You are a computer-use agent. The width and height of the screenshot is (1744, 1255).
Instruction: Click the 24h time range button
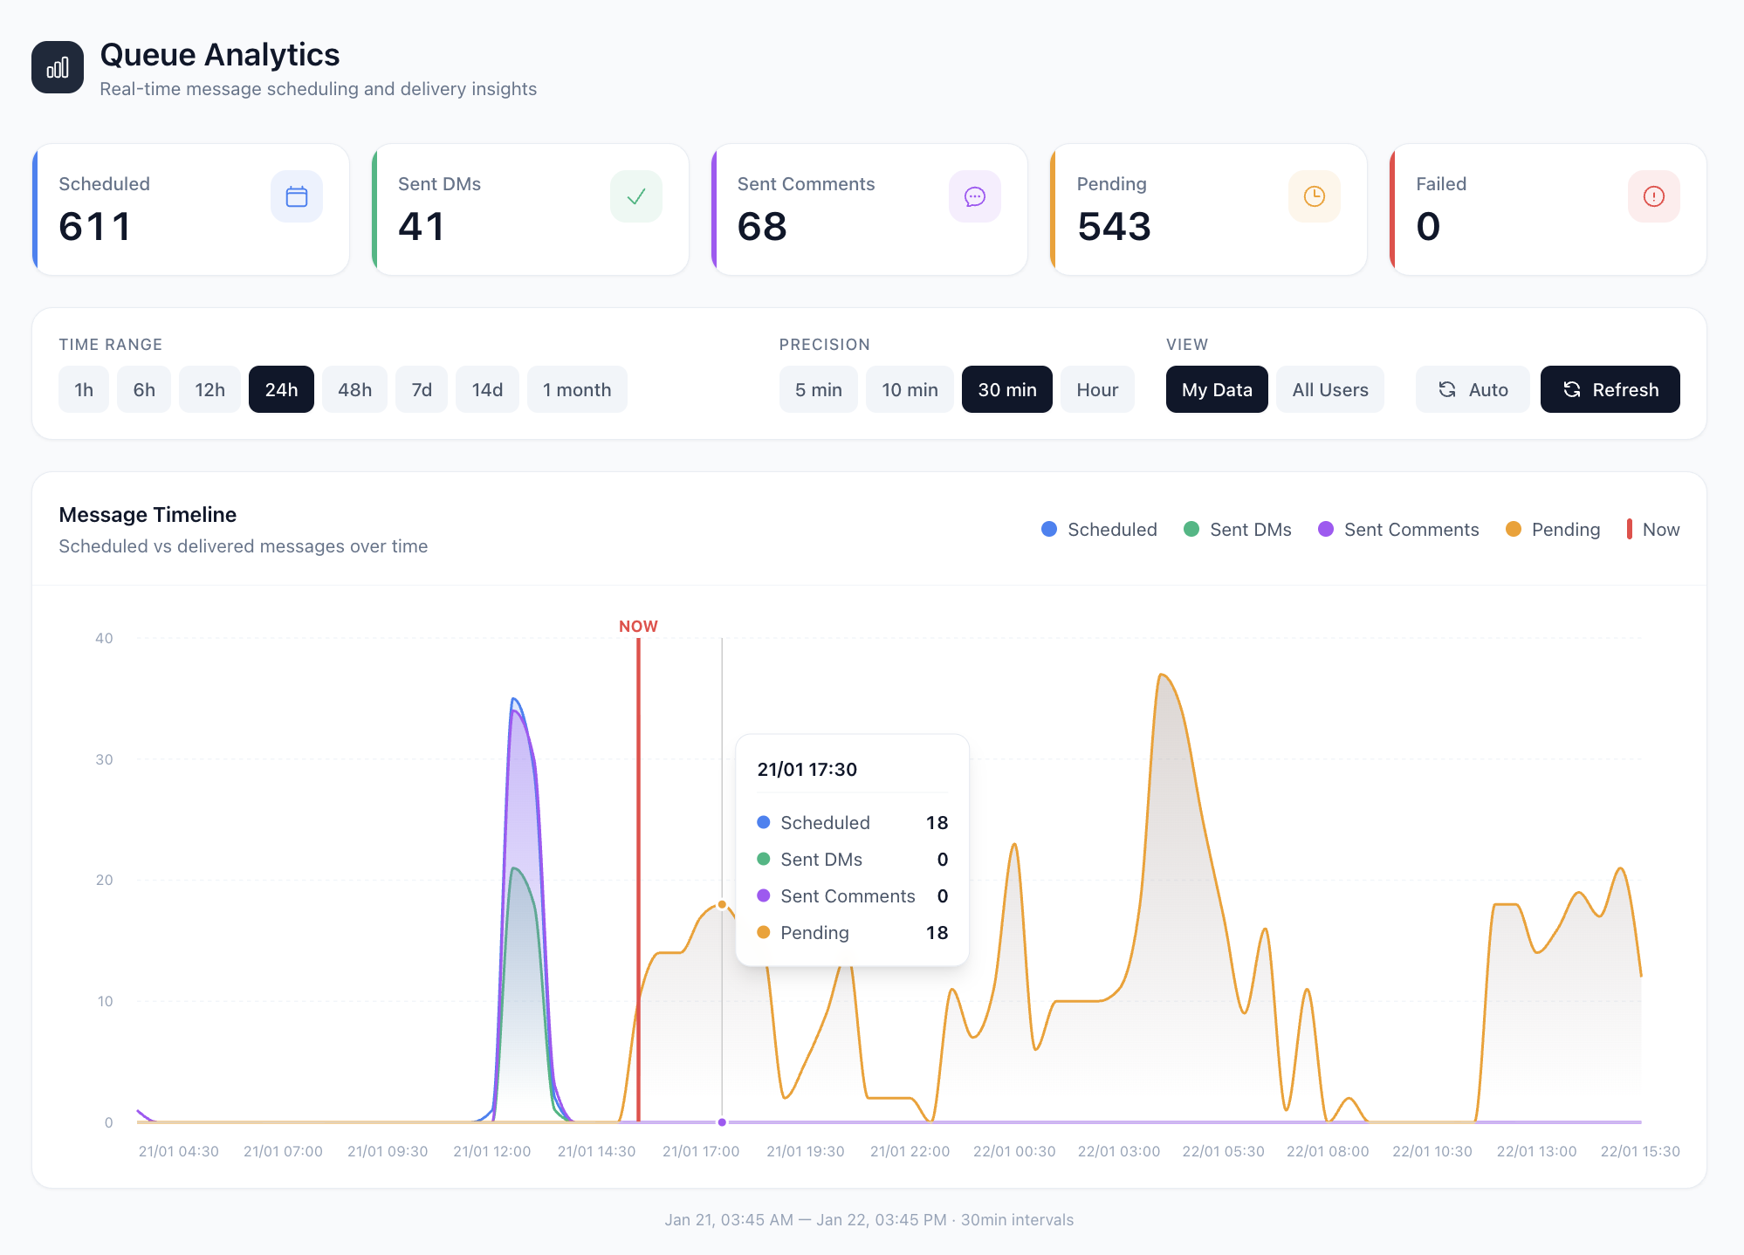click(281, 389)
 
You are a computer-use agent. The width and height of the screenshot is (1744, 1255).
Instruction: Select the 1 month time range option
click(576, 389)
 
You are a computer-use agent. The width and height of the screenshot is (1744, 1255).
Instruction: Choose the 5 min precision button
click(818, 389)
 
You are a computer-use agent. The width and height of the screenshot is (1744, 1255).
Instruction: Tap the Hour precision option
click(1096, 389)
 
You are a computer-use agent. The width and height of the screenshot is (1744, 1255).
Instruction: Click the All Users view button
click(1329, 389)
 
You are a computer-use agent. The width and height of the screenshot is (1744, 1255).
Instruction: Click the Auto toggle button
click(1472, 389)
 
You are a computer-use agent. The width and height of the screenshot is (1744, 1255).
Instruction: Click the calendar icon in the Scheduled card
click(297, 196)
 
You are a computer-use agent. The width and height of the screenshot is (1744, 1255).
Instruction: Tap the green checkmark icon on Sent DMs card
click(635, 196)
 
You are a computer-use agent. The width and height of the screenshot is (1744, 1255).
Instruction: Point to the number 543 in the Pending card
click(1114, 227)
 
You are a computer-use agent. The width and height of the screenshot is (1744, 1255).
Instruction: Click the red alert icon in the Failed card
click(1653, 196)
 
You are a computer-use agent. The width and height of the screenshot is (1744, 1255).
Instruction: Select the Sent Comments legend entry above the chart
click(1398, 530)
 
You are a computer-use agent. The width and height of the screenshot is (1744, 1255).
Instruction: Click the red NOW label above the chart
click(638, 627)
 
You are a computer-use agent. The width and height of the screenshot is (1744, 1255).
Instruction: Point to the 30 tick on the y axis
click(104, 759)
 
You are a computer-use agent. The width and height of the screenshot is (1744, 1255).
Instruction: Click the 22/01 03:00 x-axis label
click(1118, 1151)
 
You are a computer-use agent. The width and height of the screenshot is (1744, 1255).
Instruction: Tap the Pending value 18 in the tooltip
click(937, 933)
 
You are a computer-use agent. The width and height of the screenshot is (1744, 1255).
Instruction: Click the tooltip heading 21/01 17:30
click(807, 770)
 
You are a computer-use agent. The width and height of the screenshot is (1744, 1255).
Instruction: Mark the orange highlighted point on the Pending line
click(722, 904)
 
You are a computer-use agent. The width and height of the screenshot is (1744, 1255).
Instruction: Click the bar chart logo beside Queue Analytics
click(58, 67)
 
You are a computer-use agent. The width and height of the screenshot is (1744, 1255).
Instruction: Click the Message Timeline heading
click(148, 515)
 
